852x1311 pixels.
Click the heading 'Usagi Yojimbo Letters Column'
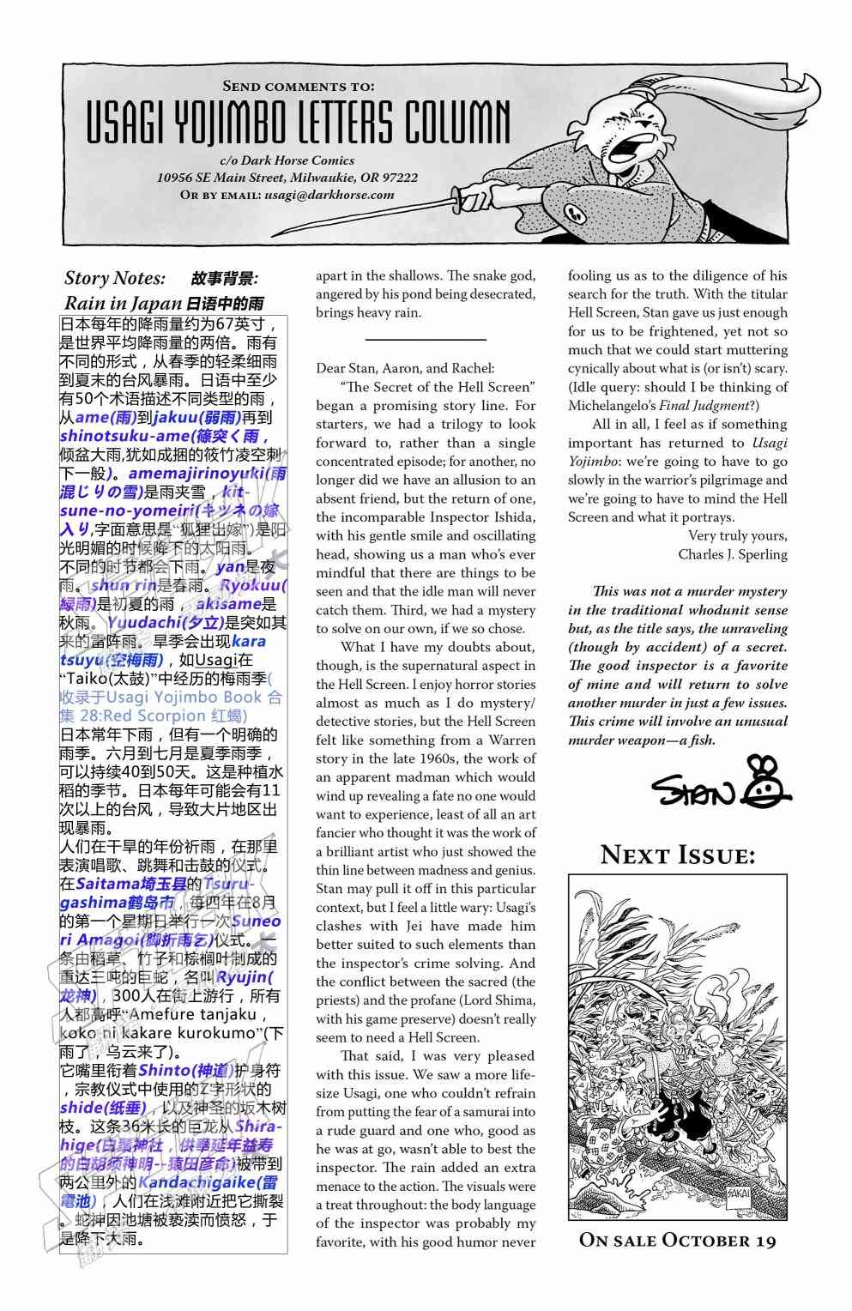pyautogui.click(x=298, y=122)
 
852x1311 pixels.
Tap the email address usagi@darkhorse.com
pyautogui.click(x=329, y=195)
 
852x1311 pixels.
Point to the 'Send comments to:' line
pyautogui.click(x=298, y=86)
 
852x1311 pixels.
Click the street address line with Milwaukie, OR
pyautogui.click(x=287, y=178)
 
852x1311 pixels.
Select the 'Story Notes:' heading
pyautogui.click(x=115, y=278)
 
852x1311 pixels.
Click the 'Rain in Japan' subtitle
pyautogui.click(x=124, y=303)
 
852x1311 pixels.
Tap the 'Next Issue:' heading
pyautogui.click(x=677, y=855)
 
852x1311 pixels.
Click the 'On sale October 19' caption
pyautogui.click(x=677, y=1240)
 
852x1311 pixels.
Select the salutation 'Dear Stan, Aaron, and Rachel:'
pyautogui.click(x=405, y=368)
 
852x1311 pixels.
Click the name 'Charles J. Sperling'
pyautogui.click(x=732, y=554)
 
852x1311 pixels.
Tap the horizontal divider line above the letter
pyautogui.click(x=425, y=340)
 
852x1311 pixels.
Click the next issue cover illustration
pyautogui.click(x=677, y=1047)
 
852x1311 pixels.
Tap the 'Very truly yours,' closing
pyautogui.click(x=737, y=535)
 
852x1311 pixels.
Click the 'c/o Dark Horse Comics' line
pyautogui.click(x=287, y=160)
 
